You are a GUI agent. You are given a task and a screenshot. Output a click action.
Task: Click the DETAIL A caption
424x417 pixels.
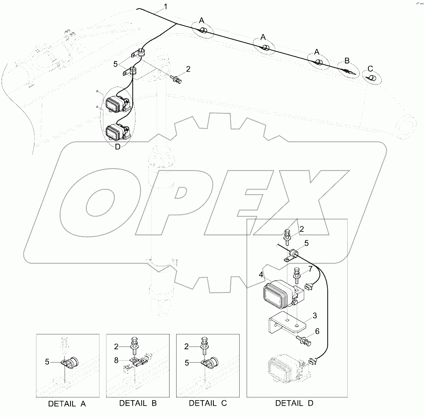(67, 403)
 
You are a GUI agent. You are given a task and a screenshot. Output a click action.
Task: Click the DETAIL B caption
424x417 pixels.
(138, 403)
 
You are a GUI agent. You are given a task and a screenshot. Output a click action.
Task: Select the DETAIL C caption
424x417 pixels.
(207, 403)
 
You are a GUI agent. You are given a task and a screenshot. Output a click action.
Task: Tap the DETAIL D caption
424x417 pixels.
(294, 403)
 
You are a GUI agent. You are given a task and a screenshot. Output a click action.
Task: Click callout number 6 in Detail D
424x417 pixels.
(317, 331)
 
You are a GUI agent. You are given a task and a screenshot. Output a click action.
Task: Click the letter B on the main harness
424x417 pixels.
(346, 61)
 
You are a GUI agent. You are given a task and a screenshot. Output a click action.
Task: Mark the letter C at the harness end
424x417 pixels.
(370, 67)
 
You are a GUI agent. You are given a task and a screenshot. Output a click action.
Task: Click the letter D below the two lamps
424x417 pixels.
(117, 147)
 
